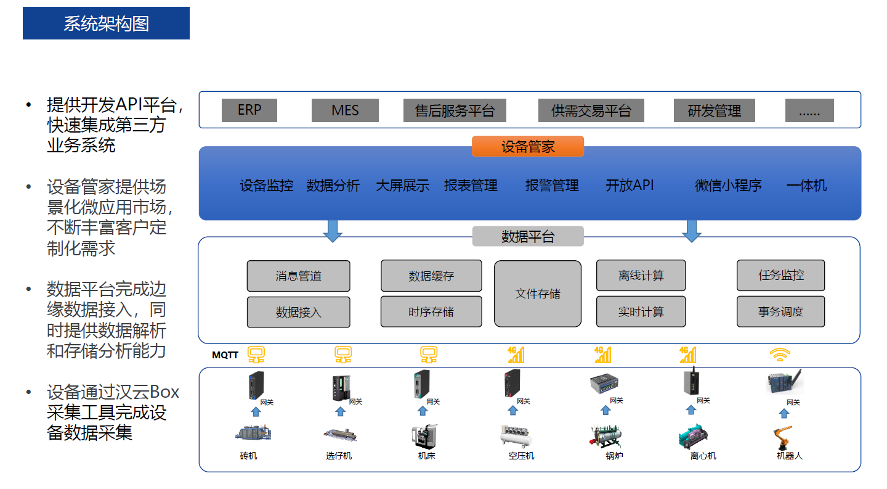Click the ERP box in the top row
[x=249, y=110]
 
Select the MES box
[x=345, y=110]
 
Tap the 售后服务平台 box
[x=455, y=110]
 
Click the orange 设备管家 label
[x=528, y=147]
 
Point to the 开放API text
[x=630, y=186]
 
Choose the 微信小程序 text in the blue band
[x=728, y=186]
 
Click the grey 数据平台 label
[x=528, y=237]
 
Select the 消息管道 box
[x=298, y=276]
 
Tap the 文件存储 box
[x=538, y=294]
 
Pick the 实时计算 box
[x=641, y=312]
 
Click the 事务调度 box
[x=780, y=312]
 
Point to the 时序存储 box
[x=431, y=312]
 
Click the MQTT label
[x=225, y=355]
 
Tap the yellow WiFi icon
[x=780, y=355]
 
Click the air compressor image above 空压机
[x=517, y=436]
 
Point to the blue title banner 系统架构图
[x=106, y=23]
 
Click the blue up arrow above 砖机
[x=256, y=412]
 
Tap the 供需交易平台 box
[x=591, y=110]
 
